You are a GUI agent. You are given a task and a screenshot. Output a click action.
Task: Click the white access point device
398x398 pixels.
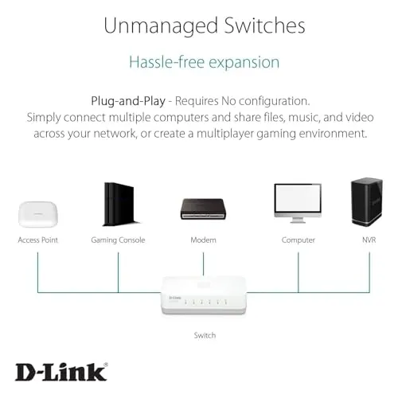[37, 214]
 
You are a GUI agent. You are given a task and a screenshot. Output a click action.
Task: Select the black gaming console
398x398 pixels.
[120, 204]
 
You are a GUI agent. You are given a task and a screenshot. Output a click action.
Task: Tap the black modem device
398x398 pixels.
[203, 209]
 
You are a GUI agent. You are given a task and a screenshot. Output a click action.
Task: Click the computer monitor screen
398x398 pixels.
[298, 198]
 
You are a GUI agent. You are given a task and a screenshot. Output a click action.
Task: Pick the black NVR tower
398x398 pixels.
[367, 201]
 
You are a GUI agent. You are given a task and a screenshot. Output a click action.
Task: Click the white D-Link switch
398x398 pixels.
[204, 295]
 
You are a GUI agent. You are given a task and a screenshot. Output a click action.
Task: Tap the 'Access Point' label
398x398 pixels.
[37, 240]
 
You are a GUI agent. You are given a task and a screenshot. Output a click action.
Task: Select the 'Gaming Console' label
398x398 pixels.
[118, 240]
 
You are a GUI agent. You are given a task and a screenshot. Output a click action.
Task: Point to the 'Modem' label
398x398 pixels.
[203, 240]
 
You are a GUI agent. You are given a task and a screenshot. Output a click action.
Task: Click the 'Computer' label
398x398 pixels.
[298, 240]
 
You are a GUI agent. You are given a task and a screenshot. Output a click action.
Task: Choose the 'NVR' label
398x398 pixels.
[369, 240]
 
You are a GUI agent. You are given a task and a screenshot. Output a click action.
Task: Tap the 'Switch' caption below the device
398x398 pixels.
[205, 335]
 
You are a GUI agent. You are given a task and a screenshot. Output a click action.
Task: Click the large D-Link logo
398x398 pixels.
[61, 372]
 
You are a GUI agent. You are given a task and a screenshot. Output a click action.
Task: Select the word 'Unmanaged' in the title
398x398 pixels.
[161, 26]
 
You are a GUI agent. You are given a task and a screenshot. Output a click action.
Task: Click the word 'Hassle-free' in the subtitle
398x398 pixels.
[166, 62]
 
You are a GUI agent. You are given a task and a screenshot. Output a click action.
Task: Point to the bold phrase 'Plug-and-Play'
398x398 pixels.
[128, 101]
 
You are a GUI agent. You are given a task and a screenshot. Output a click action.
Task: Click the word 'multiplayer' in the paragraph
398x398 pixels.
[225, 134]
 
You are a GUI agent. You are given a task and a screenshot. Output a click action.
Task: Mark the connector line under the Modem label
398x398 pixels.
[203, 264]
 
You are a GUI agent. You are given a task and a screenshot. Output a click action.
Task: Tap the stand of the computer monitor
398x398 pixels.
[298, 220]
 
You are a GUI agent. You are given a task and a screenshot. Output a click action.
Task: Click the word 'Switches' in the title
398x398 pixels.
[264, 25]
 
